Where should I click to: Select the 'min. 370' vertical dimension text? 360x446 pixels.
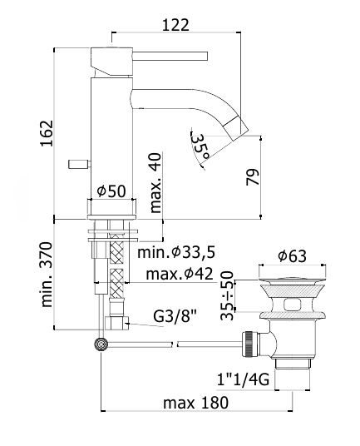click(47, 275)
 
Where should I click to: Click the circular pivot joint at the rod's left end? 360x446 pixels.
click(102, 343)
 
